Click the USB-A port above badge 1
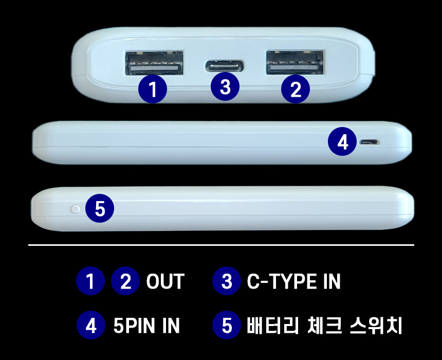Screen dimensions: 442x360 pos(154,63)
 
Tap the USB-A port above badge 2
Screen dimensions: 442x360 pos(295,62)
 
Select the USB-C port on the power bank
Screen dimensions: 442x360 pos(225,66)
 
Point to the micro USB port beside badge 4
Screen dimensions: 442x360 pos(369,141)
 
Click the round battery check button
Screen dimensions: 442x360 pos(76,209)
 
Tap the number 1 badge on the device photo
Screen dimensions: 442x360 pos(153,89)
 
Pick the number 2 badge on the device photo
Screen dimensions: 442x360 pos(296,89)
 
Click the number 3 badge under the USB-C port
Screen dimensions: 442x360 pos(225,86)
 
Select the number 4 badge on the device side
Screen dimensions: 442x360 pos(342,141)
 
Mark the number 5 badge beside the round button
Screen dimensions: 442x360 pos(100,208)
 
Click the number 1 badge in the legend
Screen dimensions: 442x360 pos(90,281)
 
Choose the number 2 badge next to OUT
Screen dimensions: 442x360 pos(125,281)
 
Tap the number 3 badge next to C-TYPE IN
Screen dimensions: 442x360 pos(226,281)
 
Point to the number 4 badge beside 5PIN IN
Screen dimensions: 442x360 pos(91,325)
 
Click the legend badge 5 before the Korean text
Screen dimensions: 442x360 pos(227,325)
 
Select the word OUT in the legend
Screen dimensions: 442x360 pos(165,281)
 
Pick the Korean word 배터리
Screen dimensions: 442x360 pos(272,326)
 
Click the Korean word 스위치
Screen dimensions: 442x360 pos(376,326)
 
